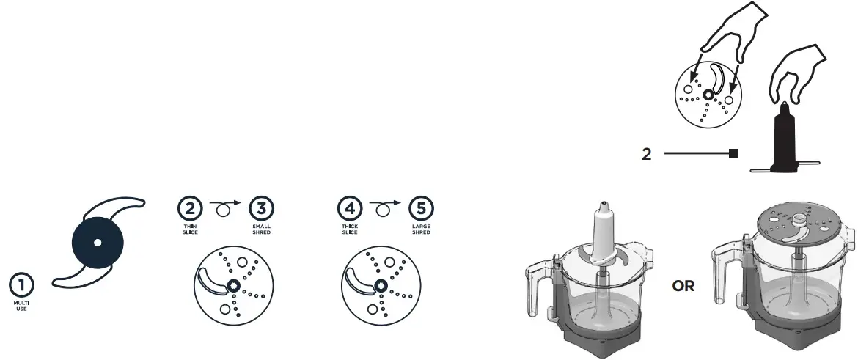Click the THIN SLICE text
coord(190,229)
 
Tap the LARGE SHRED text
coord(421,229)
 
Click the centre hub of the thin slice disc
coord(232,286)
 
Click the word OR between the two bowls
coord(683,286)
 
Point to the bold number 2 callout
coord(646,155)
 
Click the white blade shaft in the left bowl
coord(603,231)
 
